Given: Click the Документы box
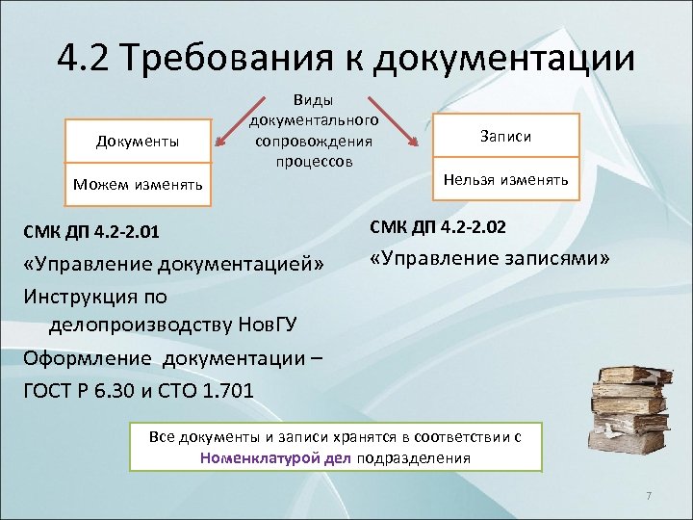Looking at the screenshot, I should [x=137, y=143].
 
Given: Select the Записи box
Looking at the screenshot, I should [x=505, y=137].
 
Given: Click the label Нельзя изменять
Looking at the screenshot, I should [x=505, y=179].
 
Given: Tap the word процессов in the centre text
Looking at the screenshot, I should [x=314, y=161].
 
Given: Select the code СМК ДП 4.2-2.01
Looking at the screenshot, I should [x=91, y=231].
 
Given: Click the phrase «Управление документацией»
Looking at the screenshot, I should [x=174, y=264].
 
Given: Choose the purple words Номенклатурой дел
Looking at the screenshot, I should [x=276, y=457].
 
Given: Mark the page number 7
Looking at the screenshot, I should [x=649, y=496].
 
